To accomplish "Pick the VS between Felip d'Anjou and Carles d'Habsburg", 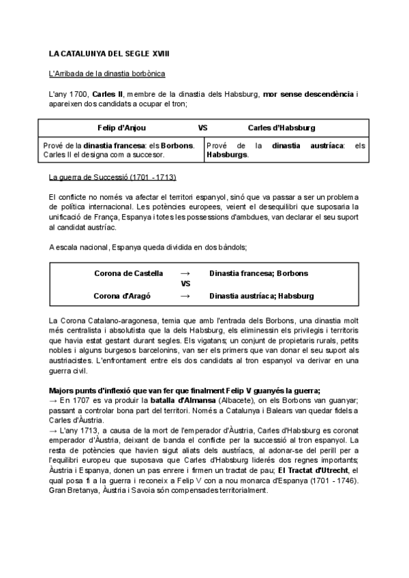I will coord(202,127).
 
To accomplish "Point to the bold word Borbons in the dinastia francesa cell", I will coord(177,145).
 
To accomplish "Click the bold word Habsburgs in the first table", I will coord(226,155).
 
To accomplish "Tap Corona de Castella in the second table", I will coord(128,273).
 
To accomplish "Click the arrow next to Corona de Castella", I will coord(185,273).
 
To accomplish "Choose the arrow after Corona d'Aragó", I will coord(185,296).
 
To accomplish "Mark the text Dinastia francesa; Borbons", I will coord(258,273).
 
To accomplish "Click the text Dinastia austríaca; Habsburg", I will coord(262,296).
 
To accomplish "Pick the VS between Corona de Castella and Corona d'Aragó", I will coord(185,285).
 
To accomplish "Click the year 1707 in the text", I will coord(81,401).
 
